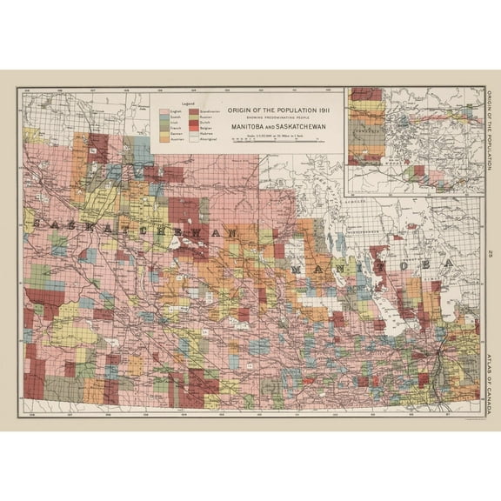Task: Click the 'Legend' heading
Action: pos(185,104)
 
